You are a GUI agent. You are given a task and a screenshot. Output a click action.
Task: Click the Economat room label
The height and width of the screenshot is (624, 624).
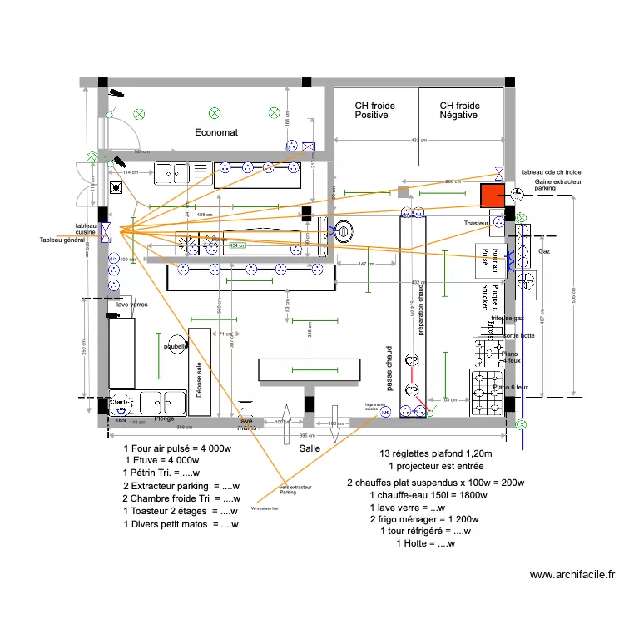[x=216, y=132]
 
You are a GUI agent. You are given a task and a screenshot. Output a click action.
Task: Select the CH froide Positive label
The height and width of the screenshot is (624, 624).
[x=374, y=111]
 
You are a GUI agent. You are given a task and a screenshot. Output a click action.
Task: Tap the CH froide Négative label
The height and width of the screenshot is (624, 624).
[x=459, y=111]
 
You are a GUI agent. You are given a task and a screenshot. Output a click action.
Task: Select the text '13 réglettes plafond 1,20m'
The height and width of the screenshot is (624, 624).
[x=424, y=453]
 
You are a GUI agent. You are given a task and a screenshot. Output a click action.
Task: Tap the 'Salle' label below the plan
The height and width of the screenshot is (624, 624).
[x=310, y=448]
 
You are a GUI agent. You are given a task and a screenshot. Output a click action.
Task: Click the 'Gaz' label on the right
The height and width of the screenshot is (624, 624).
[x=544, y=250]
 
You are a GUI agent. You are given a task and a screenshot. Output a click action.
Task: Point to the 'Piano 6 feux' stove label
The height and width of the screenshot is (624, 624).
[x=511, y=388]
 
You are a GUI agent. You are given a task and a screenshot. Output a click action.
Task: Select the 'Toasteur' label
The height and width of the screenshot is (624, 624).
[x=476, y=224]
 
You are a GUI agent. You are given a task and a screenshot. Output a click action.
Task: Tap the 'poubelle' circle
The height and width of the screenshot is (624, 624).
[x=176, y=347]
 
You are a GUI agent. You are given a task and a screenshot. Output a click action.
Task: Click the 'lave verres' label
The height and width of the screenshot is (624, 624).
[x=131, y=305]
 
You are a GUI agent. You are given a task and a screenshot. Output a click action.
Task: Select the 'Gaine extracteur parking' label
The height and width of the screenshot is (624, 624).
[x=557, y=185]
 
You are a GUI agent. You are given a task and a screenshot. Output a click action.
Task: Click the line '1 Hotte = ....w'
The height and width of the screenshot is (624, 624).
[x=425, y=543]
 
